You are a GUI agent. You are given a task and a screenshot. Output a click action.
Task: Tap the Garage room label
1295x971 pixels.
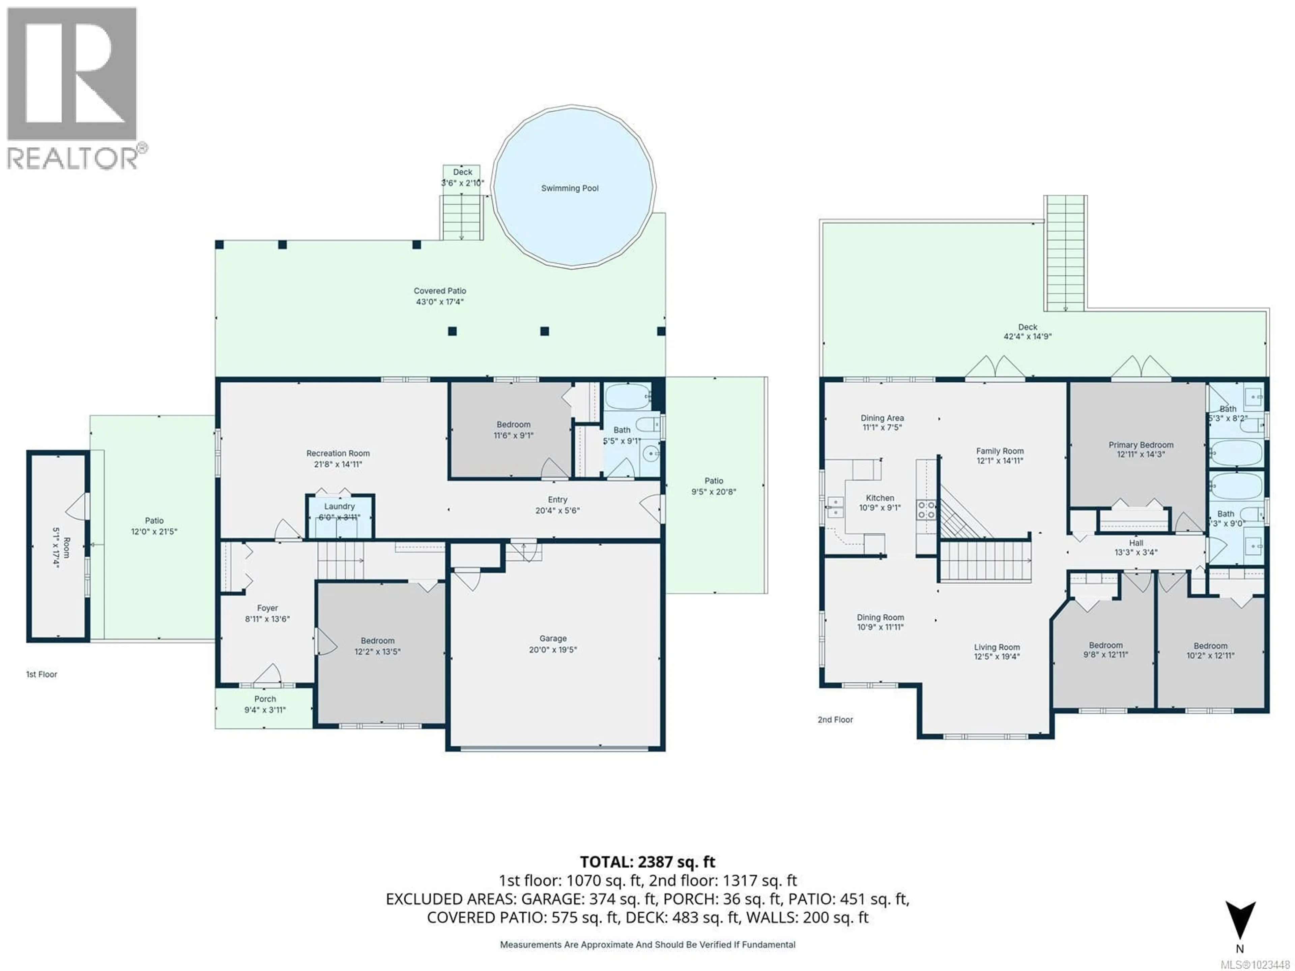(553, 639)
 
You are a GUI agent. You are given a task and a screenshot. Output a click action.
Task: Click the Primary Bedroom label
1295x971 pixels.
(1141, 445)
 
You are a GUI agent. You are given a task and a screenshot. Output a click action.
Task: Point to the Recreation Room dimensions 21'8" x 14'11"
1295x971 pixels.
(338, 464)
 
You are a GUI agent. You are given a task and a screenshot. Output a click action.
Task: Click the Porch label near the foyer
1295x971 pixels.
(265, 699)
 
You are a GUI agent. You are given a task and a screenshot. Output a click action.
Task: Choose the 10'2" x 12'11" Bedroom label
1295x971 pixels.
(1210, 651)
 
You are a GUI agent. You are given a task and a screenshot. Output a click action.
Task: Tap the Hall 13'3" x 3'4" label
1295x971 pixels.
(1136, 547)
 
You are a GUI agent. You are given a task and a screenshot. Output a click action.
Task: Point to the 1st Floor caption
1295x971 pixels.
(41, 674)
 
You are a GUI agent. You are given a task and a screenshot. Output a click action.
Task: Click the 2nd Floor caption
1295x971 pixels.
(835, 719)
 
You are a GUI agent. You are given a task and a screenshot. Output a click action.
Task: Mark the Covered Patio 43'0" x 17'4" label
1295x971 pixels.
(440, 296)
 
